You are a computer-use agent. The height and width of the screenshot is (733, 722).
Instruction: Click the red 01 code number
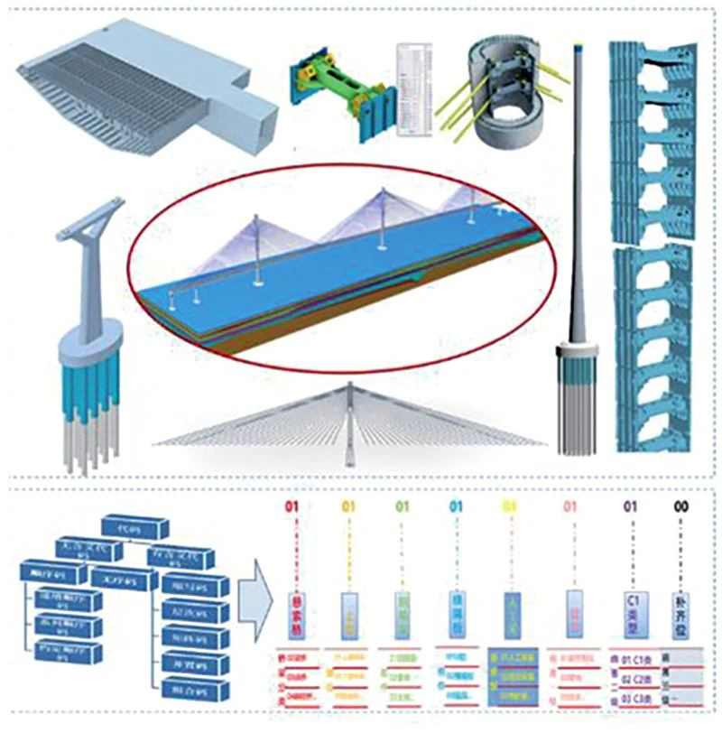291,507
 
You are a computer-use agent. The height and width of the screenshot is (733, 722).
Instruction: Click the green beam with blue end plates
343,90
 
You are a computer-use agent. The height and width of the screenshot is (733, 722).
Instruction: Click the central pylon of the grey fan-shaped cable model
350,424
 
